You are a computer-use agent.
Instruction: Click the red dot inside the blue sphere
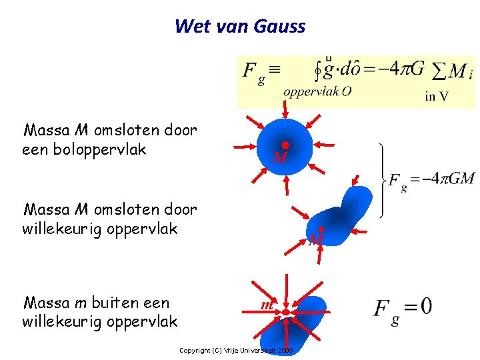click(285, 145)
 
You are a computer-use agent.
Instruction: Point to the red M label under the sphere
click(280, 159)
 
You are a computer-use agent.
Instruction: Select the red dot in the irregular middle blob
click(321, 229)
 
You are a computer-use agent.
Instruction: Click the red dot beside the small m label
click(285, 311)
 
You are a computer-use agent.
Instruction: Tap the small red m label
click(266, 305)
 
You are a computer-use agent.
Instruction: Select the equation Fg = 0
click(403, 309)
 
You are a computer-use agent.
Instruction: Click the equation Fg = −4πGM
click(431, 179)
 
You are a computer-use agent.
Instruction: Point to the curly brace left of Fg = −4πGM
click(382, 179)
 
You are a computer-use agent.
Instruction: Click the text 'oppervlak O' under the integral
click(317, 92)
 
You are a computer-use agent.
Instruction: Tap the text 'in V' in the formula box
click(437, 96)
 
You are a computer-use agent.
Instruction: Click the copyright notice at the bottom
click(236, 351)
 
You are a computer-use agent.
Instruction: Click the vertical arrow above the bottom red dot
click(285, 289)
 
